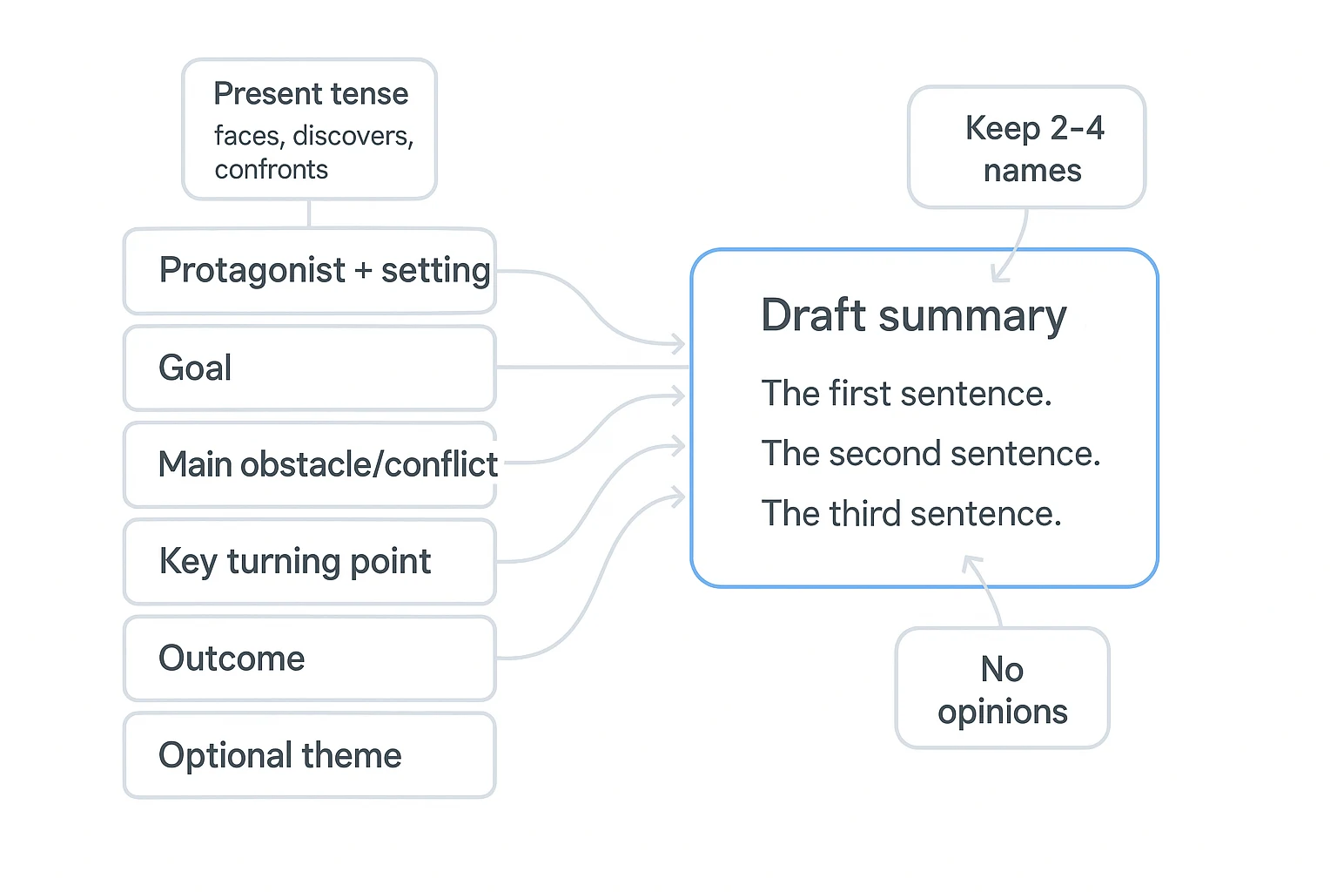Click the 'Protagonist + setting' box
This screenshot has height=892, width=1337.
309,271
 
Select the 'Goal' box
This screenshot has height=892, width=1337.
309,368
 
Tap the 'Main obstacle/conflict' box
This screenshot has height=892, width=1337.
309,464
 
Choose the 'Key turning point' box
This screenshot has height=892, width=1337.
309,561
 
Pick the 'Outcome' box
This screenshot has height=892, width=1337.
309,658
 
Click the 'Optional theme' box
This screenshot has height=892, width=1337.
309,755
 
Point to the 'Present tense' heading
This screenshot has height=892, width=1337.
311,93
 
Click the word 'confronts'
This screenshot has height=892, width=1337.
271,169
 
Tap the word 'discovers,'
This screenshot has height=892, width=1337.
353,136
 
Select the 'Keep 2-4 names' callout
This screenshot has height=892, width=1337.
1027,148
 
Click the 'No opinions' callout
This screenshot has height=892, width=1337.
1002,689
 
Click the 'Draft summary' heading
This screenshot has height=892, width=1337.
913,314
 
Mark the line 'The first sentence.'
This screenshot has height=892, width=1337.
906,394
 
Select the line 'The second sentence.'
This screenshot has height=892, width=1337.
931,454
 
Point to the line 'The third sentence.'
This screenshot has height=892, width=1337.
911,514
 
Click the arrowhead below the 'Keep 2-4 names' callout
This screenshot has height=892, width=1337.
999,275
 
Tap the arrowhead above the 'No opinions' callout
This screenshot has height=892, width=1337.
971,563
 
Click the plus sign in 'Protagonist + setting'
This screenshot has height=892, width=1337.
363,271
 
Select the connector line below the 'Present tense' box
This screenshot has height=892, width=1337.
309,213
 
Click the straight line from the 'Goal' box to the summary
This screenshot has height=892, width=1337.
592,368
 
